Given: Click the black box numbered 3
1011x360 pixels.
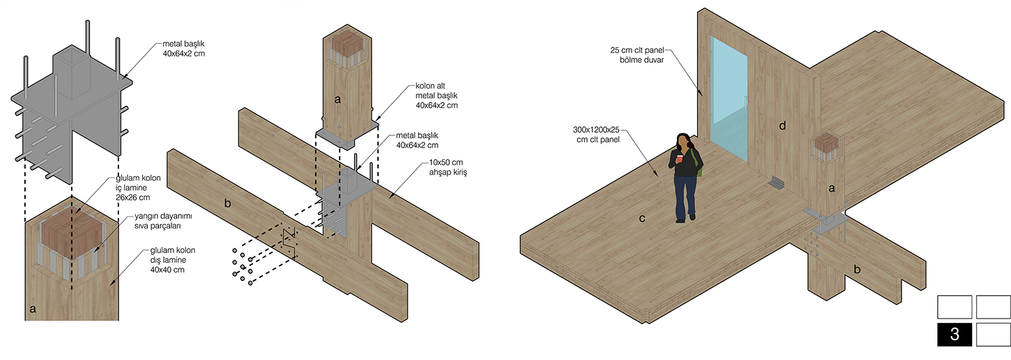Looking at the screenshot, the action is pyautogui.click(x=954, y=334).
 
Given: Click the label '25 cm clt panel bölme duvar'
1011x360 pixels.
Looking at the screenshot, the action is pyautogui.click(x=637, y=54).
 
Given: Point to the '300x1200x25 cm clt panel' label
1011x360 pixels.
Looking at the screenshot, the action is pyautogui.click(x=596, y=135).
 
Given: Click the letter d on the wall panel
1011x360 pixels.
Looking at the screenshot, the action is pyautogui.click(x=782, y=126).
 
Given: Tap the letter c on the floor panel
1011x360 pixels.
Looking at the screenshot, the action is pyautogui.click(x=642, y=219).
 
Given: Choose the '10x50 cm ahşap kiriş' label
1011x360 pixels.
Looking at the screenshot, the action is pyautogui.click(x=448, y=167).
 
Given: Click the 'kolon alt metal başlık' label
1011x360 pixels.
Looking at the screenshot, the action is pyautogui.click(x=436, y=95).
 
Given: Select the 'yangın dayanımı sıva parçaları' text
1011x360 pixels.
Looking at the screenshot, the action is pyautogui.click(x=163, y=221).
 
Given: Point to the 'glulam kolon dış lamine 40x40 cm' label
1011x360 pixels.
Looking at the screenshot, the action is pyautogui.click(x=172, y=260).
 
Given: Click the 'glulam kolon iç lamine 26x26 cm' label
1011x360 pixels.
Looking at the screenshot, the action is pyautogui.click(x=138, y=188).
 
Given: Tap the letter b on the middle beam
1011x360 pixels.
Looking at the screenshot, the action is pyautogui.click(x=227, y=203).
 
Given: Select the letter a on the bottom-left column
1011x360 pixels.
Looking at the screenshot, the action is pyautogui.click(x=32, y=309).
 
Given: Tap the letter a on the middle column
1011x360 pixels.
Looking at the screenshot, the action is pyautogui.click(x=338, y=99).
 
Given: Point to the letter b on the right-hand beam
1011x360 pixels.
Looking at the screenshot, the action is pyautogui.click(x=857, y=269).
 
